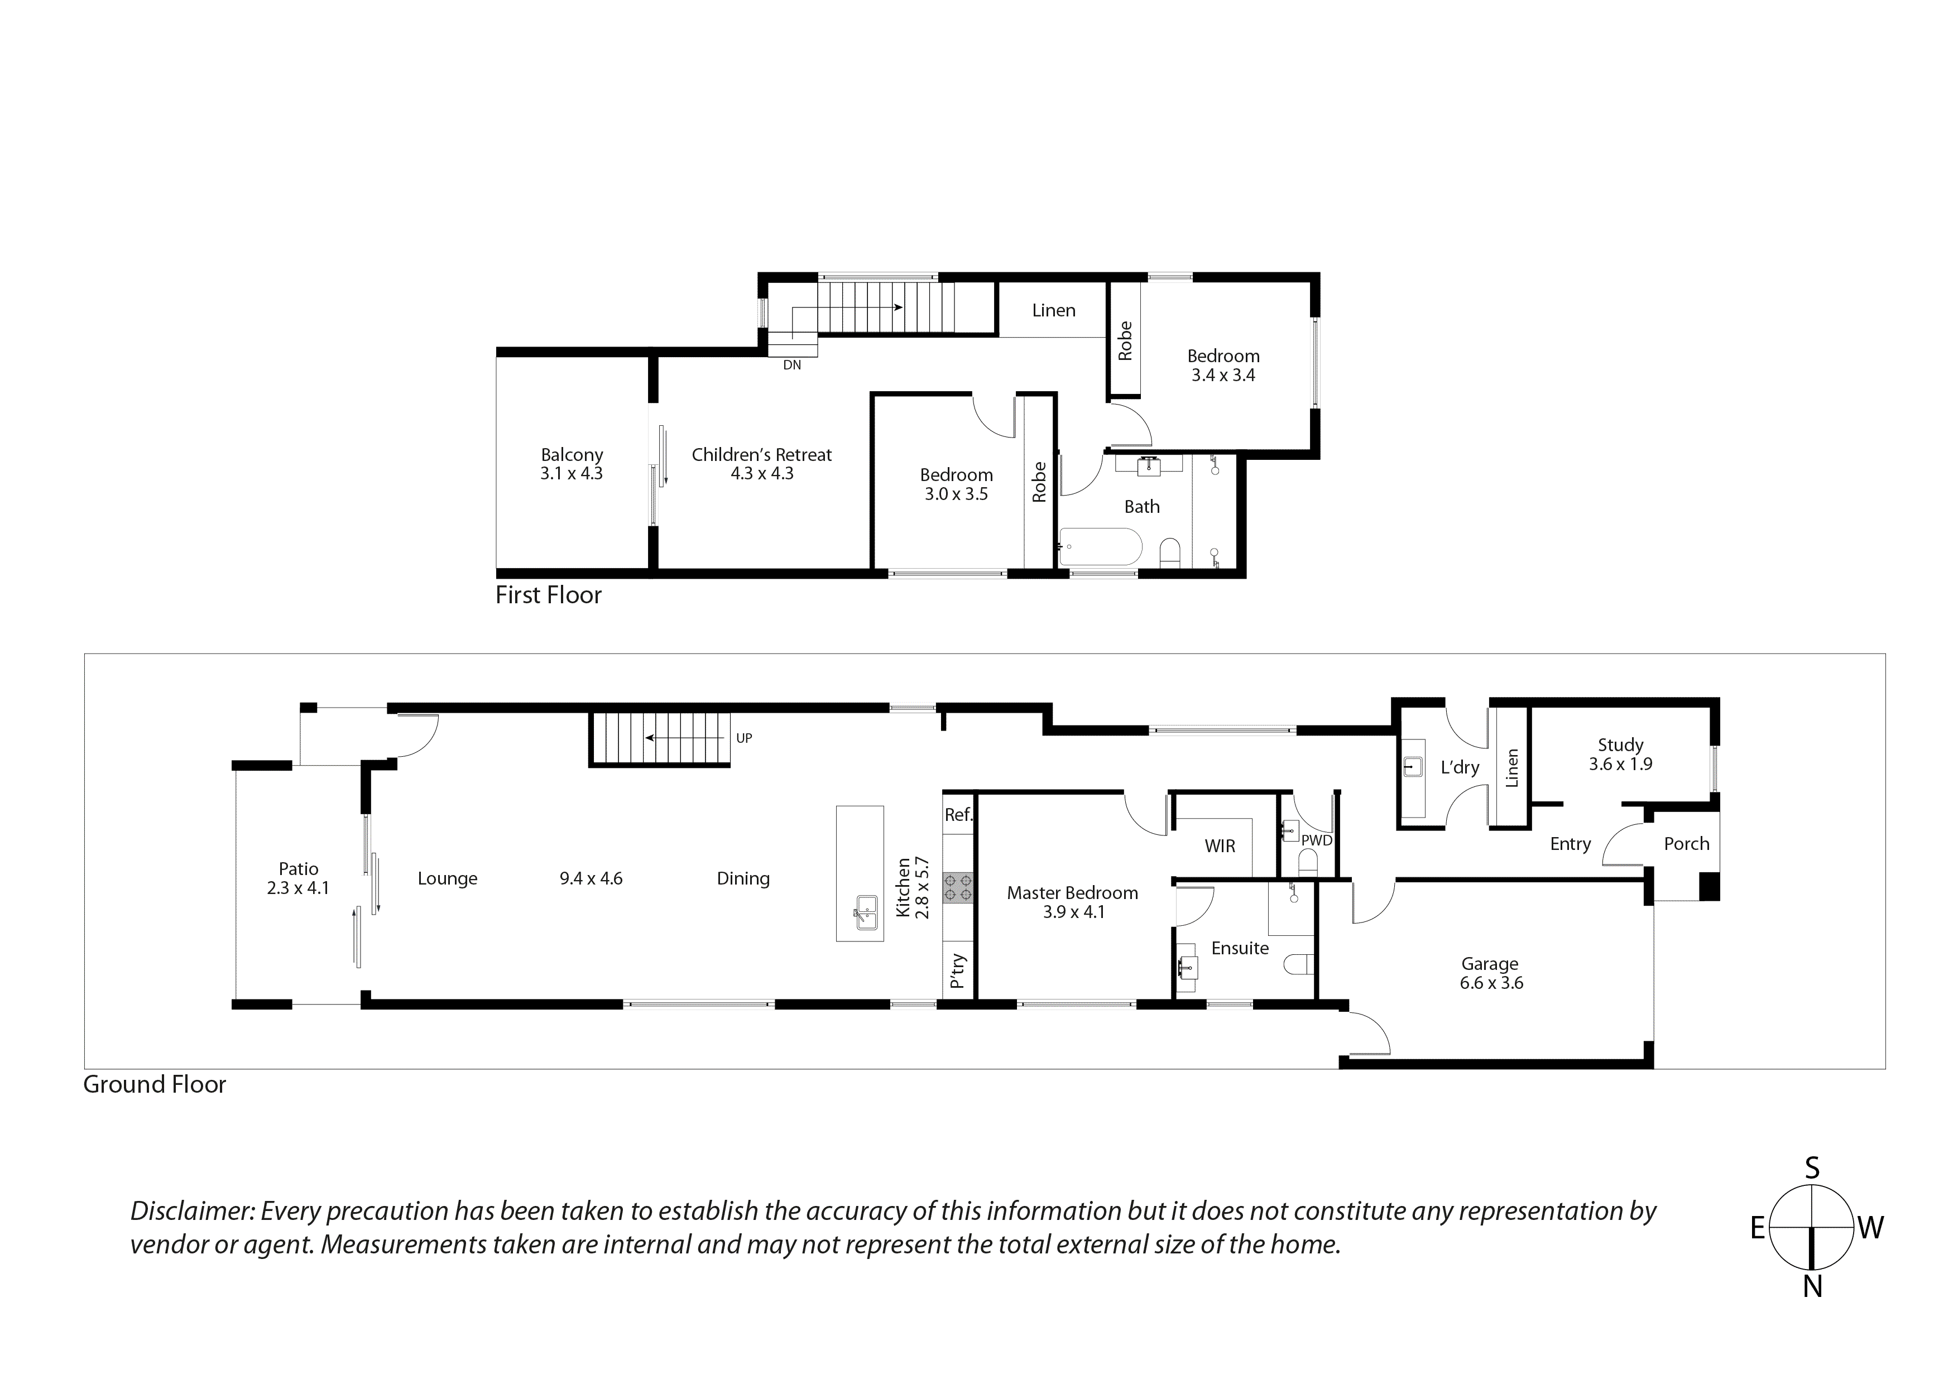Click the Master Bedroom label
1072,893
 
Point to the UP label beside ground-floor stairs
743,738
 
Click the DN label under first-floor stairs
791,365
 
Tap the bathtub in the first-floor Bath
1100,546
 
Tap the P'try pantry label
958,970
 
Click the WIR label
1220,846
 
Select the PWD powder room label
1316,840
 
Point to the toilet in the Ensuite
1299,964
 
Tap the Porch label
1686,843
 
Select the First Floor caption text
548,595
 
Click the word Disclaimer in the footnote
192,1211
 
